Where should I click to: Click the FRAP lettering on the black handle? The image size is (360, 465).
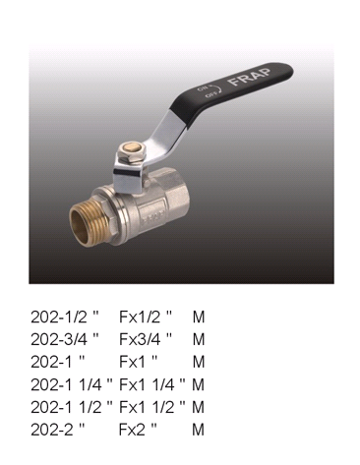[251, 77]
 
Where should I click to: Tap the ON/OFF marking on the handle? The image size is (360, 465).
[210, 91]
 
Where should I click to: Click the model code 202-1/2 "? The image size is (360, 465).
[65, 317]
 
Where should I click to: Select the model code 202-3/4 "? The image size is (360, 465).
[65, 339]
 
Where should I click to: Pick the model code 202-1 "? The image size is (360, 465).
[58, 362]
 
